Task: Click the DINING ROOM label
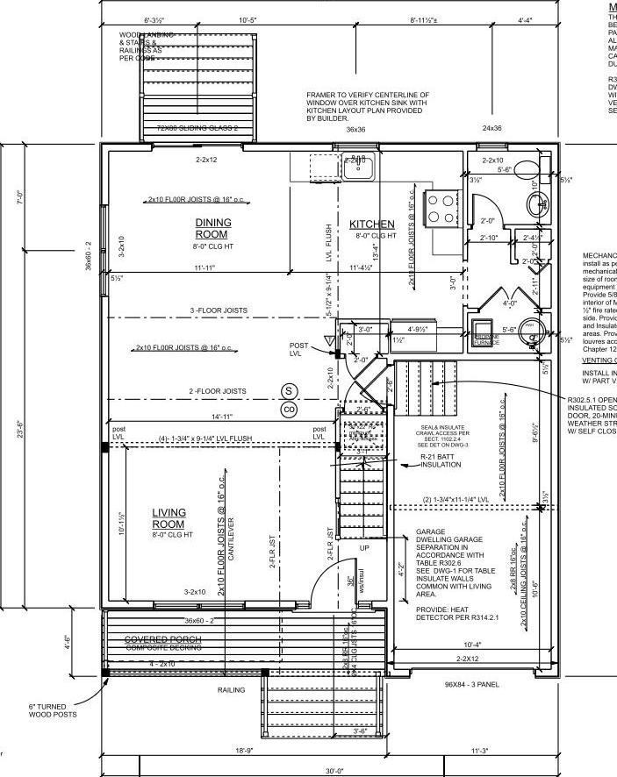pyautogui.click(x=212, y=228)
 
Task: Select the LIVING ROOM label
pyautogui.click(x=169, y=518)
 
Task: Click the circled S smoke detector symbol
pyautogui.click(x=288, y=390)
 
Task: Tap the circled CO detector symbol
pyautogui.click(x=288, y=409)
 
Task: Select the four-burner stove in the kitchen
pyautogui.click(x=441, y=207)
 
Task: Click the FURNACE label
pyautogui.click(x=486, y=340)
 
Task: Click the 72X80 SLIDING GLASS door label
pyautogui.click(x=197, y=129)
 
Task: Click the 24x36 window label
pyautogui.click(x=492, y=128)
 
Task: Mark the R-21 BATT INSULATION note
pyautogui.click(x=440, y=461)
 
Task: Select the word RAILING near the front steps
pyautogui.click(x=232, y=689)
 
